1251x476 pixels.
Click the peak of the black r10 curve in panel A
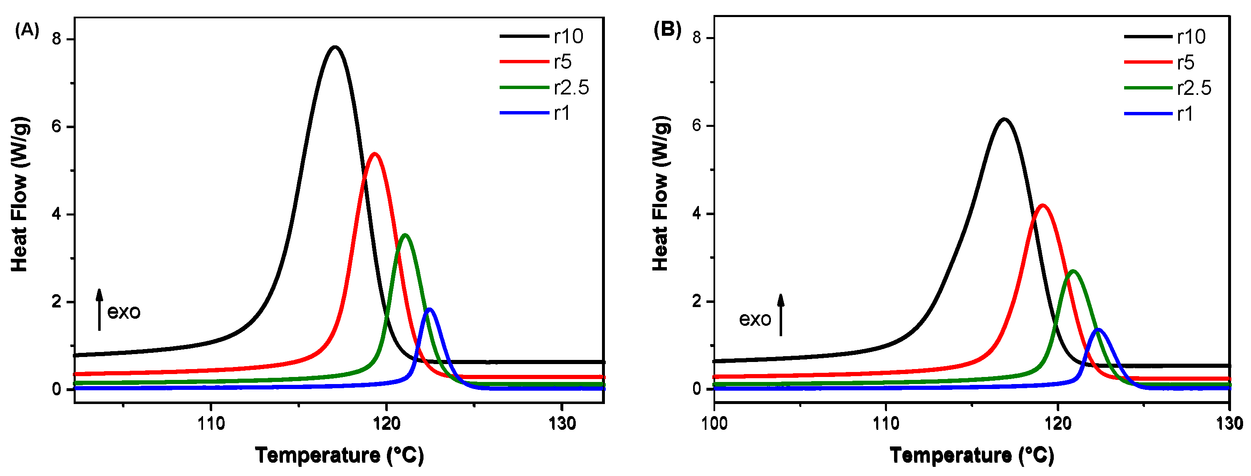[x=334, y=47]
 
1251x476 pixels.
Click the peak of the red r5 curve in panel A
[x=374, y=154]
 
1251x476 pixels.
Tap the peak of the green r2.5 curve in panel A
[x=405, y=235]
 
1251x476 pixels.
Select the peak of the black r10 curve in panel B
[x=1003, y=119]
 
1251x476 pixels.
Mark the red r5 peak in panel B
[x=1042, y=206]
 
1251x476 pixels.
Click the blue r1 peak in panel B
[x=1098, y=330]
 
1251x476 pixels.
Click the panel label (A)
[x=27, y=30]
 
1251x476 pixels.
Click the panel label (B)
[x=667, y=30]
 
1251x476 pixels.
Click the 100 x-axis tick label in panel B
[x=714, y=424]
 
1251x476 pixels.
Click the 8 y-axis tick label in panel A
[x=57, y=39]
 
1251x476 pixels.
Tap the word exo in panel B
[x=755, y=320]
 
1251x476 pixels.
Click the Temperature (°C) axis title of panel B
[x=972, y=456]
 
